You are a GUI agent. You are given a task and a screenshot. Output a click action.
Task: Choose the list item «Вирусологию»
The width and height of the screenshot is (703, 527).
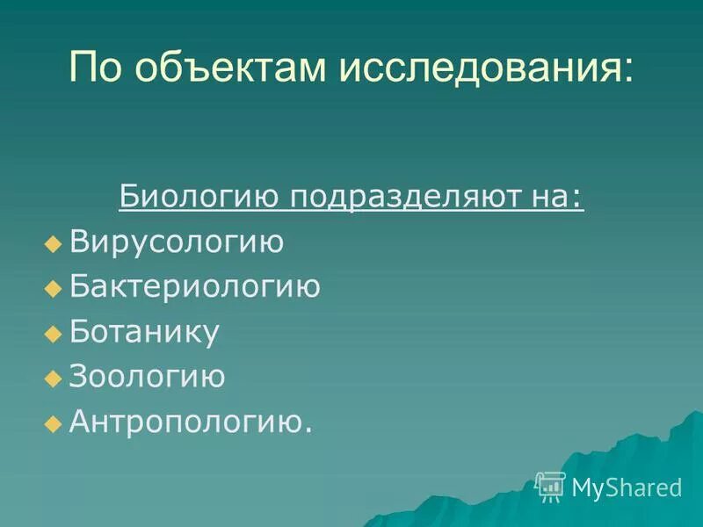177,242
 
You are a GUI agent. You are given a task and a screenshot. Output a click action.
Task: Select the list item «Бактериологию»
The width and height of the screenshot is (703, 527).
194,286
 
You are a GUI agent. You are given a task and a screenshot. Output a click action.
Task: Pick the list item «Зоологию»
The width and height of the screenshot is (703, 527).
148,377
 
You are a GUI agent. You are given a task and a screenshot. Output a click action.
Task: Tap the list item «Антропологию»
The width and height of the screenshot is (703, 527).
188,422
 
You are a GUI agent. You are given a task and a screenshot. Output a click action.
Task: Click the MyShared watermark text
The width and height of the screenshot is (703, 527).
627,487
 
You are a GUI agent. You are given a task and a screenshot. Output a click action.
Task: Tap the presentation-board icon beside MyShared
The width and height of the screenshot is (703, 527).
550,487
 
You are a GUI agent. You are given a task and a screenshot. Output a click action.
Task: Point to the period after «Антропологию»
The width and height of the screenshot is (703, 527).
308,431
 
